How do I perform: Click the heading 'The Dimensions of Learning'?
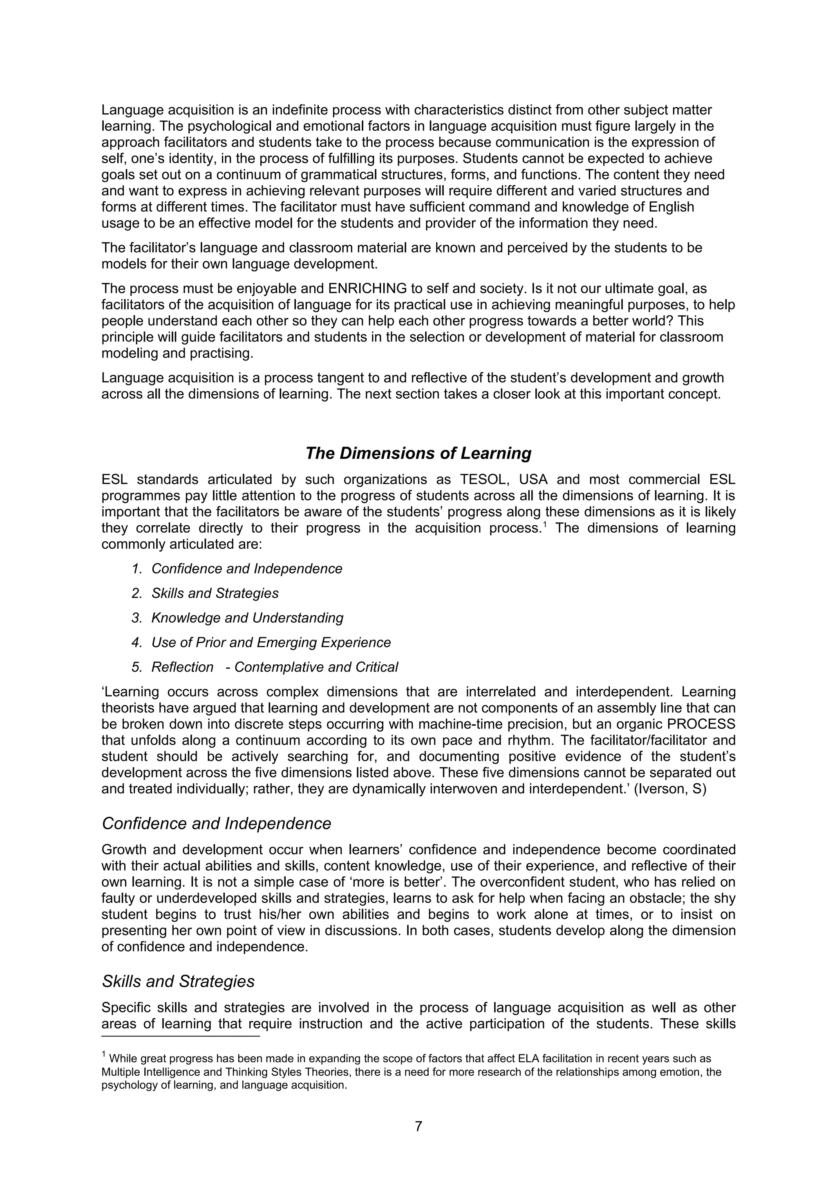pos(418,453)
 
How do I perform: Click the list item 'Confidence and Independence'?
pos(246,569)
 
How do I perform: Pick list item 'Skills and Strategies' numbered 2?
pos(215,594)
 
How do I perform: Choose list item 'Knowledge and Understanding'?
pos(247,618)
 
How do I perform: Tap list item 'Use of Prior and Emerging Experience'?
pos(271,643)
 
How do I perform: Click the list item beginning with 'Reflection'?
pos(274,667)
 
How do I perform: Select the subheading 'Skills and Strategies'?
pos(179,981)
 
